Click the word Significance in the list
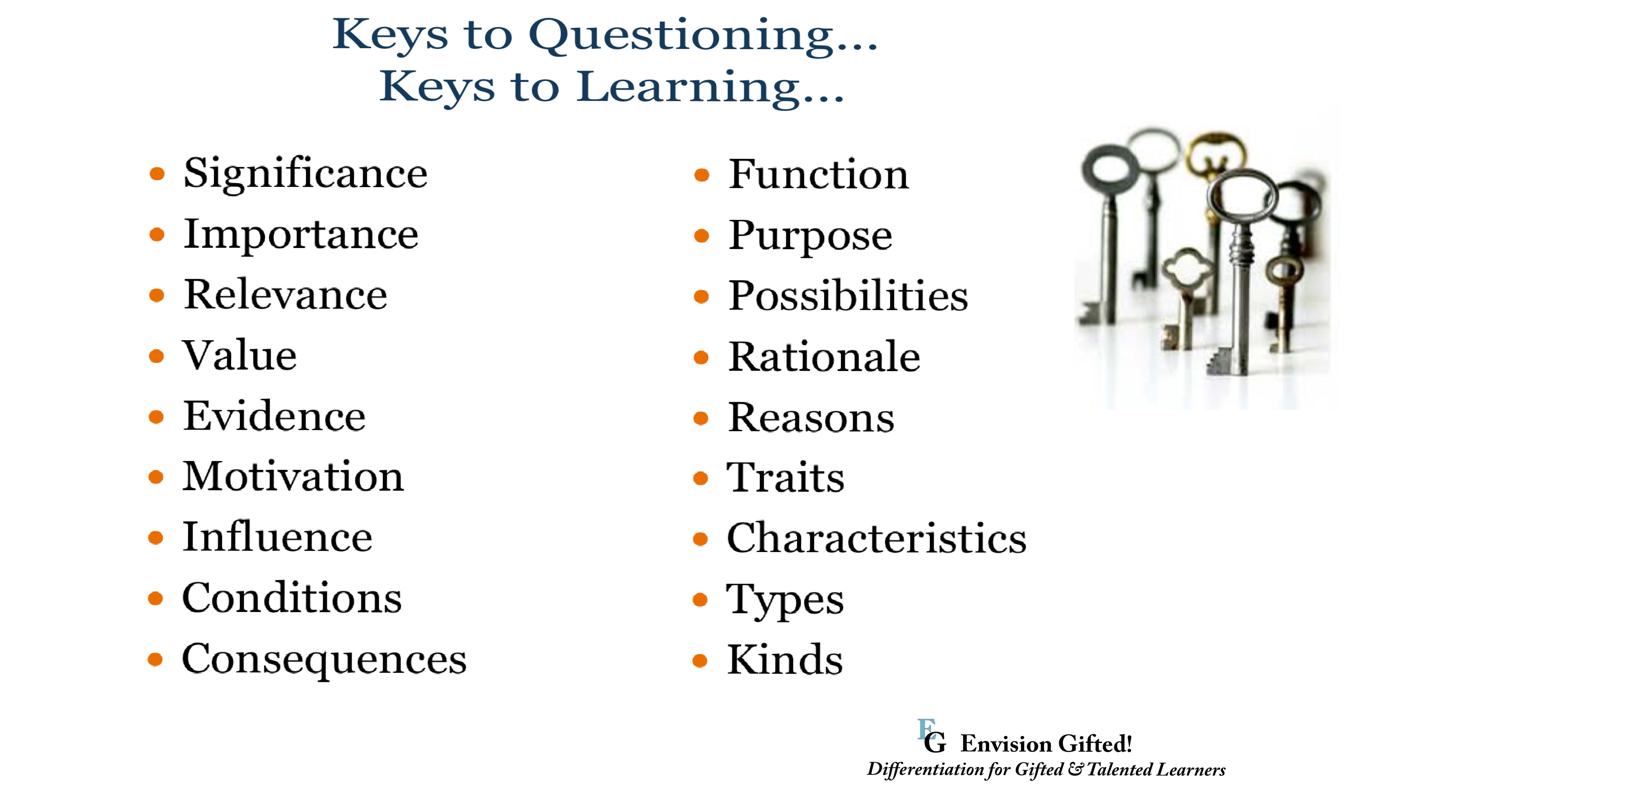(305, 174)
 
